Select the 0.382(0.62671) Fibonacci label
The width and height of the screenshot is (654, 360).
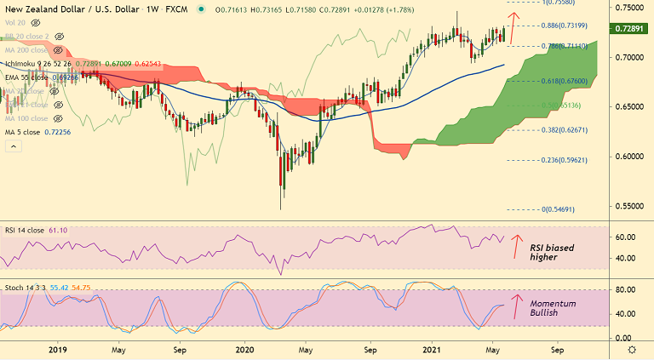(x=564, y=131)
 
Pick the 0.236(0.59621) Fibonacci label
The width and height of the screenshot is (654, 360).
(x=564, y=160)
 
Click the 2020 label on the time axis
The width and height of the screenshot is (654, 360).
(x=244, y=349)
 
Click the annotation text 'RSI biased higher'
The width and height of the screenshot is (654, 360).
(x=552, y=253)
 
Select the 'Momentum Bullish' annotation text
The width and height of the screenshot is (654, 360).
(x=553, y=310)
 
